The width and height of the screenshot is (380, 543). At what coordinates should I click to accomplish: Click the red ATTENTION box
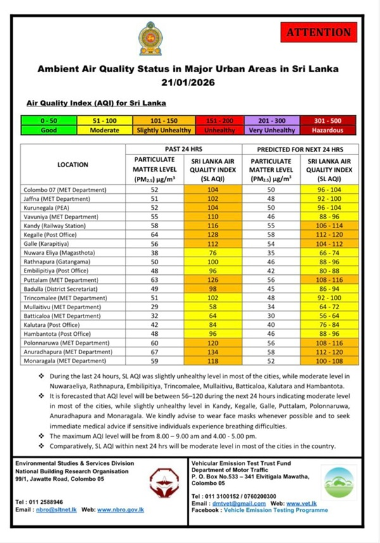[x=318, y=32]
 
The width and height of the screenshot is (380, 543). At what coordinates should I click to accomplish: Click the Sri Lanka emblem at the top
[x=151, y=38]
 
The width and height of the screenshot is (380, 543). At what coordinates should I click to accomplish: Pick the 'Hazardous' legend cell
[x=327, y=130]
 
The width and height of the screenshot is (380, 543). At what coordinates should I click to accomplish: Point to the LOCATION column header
[x=73, y=165]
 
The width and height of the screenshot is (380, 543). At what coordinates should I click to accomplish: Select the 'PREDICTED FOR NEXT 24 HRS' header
[x=299, y=150]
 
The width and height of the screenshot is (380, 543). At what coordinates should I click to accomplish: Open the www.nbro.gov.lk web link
[x=129, y=509]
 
